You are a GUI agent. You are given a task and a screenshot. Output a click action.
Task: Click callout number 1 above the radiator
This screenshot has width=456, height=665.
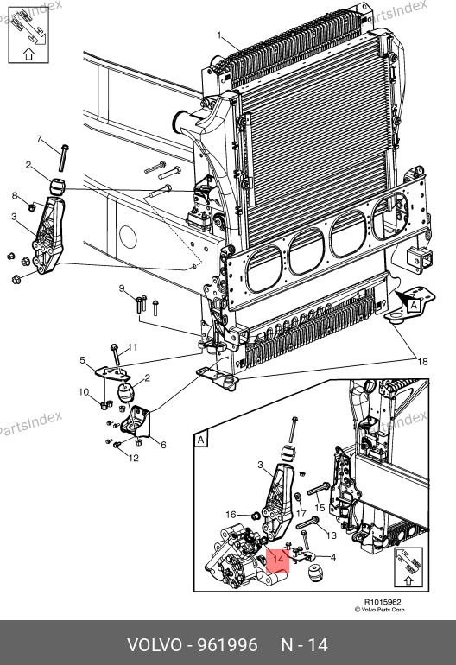(x=219, y=35)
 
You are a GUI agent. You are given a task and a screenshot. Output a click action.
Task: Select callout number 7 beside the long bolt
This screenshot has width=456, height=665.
(x=40, y=139)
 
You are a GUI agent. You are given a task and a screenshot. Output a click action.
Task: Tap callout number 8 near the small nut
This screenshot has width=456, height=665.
(x=15, y=195)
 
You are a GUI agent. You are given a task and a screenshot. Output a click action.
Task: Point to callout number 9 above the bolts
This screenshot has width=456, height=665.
(x=122, y=288)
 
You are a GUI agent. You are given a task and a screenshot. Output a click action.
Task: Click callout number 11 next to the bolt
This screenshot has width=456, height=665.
(x=132, y=347)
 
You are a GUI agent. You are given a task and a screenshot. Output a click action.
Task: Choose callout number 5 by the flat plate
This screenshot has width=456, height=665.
(x=83, y=360)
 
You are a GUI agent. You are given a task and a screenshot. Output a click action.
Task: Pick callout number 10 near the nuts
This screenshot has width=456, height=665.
(x=84, y=392)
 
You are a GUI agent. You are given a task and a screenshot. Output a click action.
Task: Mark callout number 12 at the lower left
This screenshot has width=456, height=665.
(x=134, y=458)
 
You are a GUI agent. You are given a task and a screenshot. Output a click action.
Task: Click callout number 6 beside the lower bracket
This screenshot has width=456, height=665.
(x=163, y=445)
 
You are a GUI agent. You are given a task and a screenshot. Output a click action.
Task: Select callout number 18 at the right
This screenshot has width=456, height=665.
(x=422, y=362)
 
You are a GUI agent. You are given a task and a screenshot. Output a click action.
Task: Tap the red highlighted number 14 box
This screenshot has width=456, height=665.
(x=278, y=560)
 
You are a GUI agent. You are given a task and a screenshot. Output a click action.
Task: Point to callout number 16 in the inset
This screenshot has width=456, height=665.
(x=231, y=515)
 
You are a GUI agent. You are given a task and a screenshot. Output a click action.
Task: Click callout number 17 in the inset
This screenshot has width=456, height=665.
(x=301, y=514)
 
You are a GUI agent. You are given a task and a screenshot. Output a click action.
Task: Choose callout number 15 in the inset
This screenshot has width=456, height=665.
(x=320, y=508)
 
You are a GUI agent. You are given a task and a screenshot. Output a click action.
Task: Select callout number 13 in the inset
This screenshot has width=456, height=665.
(x=331, y=535)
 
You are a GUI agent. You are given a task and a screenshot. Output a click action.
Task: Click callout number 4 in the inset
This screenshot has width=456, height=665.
(x=333, y=557)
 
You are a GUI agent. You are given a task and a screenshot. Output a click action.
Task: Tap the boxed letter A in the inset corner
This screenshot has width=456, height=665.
(x=201, y=440)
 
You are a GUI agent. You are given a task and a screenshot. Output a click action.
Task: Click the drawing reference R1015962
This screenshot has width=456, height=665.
(x=383, y=602)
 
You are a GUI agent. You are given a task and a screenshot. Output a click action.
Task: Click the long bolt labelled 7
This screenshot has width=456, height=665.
(x=64, y=158)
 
